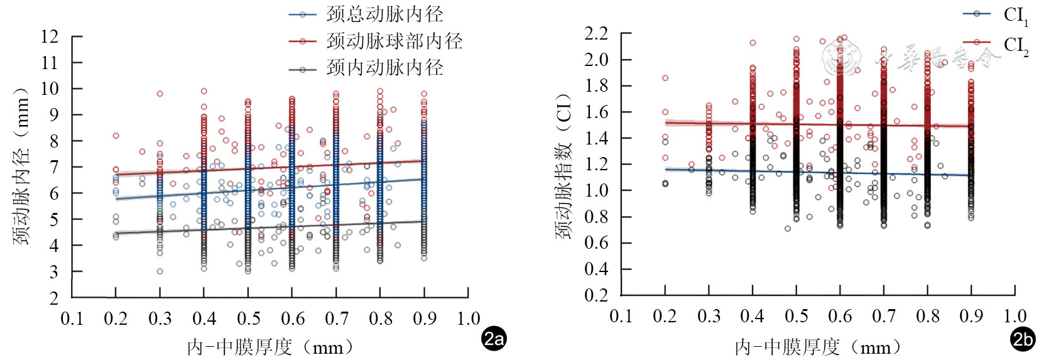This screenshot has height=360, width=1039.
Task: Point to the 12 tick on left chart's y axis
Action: point(50,36)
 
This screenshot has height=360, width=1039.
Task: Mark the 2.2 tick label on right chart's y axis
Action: point(596,33)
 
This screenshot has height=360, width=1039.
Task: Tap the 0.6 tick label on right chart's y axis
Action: point(596,243)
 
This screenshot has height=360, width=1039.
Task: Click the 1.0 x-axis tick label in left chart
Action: point(468,319)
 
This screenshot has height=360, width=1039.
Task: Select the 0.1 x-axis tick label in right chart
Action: point(621,316)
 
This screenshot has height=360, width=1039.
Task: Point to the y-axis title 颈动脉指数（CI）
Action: point(563,166)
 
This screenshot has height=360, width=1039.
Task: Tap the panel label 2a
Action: point(494,339)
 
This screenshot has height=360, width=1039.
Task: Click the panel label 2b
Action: point(1023,339)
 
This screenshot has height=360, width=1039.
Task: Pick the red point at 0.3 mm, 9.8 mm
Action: point(160,94)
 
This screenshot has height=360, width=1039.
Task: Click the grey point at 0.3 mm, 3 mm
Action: point(160,271)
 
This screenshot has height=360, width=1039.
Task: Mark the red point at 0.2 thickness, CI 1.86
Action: point(665,78)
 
